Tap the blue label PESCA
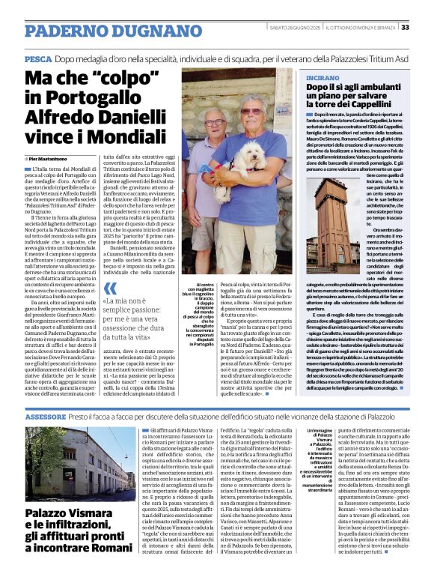point(37,58)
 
